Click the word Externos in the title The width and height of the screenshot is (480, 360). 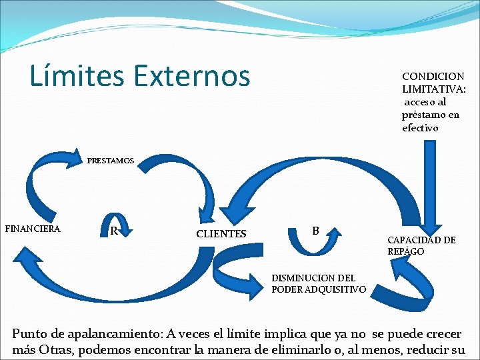pos(191,77)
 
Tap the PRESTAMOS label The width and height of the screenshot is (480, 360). pos(111,161)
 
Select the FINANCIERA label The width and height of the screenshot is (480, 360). pos(33,229)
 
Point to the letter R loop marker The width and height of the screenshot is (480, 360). pos(114,231)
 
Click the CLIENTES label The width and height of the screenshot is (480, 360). pos(221,234)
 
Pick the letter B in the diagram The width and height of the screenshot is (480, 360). pos(315,231)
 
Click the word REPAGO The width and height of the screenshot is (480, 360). pos(406,251)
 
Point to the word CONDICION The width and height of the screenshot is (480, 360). pos(433,77)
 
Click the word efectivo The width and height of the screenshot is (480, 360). pos(420,127)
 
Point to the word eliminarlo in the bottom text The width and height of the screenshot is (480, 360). pos(325,349)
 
